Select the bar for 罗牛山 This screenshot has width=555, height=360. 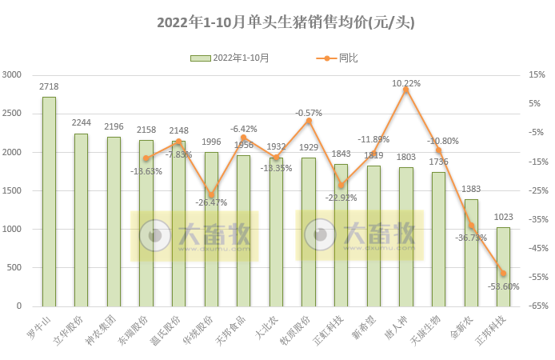pos(49,202)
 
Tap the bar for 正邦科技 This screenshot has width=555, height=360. pos(503,266)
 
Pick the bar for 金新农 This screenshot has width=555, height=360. pos(471,253)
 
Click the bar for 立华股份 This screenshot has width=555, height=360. pos(81,220)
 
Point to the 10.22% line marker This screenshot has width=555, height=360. pos(405,90)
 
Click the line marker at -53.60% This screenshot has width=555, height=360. pos(503,274)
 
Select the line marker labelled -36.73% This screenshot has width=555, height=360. pos(471,226)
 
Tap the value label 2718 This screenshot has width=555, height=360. pos(49,86)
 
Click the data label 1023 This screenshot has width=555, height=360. pos(503,217)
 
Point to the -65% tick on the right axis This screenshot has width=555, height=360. pos(536,306)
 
